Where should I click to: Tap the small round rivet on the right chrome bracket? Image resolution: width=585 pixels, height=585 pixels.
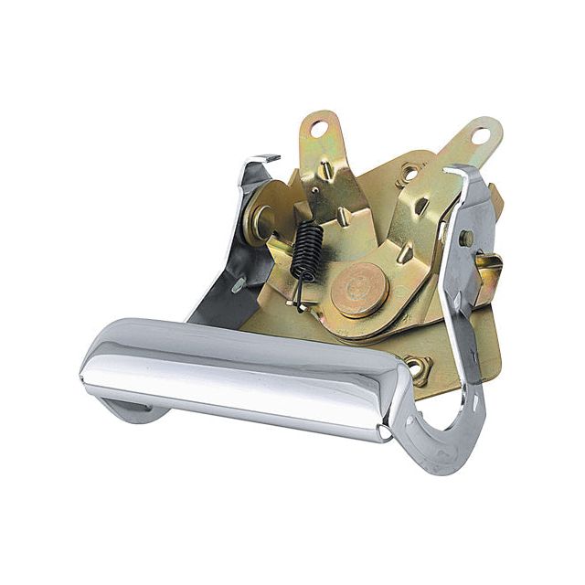(467, 238)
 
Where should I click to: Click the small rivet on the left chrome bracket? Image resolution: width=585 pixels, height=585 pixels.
(237, 284)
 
